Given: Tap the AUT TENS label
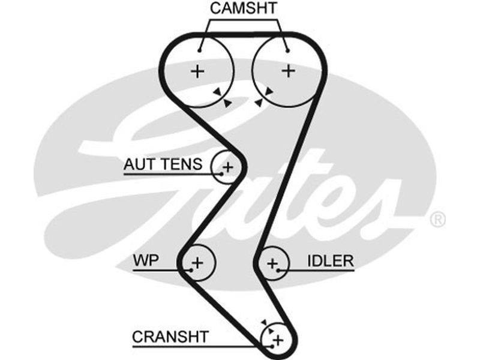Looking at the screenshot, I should (x=163, y=164).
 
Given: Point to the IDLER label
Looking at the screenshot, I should (x=330, y=261).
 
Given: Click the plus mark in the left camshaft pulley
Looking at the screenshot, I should (x=197, y=71).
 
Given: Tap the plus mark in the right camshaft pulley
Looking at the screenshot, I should (x=289, y=71).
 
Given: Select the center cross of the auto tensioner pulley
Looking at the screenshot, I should (x=229, y=166).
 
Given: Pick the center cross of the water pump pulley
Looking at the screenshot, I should (x=198, y=262).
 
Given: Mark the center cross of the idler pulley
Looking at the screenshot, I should (x=273, y=263).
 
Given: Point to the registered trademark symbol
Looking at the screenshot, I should (x=439, y=220).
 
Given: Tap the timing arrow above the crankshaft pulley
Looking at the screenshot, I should (x=265, y=323).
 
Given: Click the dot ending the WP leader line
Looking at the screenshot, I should (x=191, y=271).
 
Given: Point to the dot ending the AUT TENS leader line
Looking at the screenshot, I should (x=221, y=173).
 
